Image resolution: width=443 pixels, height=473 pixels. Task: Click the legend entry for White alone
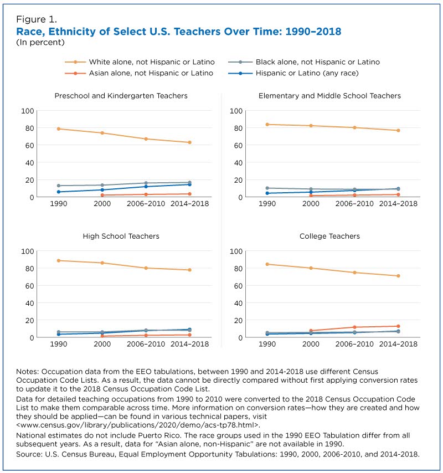tap(140, 62)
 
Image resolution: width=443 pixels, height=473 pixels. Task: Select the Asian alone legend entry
tap(139, 73)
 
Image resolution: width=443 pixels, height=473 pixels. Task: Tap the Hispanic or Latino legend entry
tap(293, 73)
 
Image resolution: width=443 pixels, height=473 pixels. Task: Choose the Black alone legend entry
tap(304, 62)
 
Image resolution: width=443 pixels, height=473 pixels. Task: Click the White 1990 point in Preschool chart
tap(59, 129)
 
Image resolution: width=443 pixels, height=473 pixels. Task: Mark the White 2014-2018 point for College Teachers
tap(398, 276)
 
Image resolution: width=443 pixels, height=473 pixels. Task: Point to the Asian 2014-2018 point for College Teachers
tap(398, 326)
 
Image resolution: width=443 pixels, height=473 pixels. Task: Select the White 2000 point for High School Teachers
tap(102, 263)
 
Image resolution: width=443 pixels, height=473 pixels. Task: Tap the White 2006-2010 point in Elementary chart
tap(354, 127)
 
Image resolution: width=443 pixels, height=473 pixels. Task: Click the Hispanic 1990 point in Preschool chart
tap(59, 192)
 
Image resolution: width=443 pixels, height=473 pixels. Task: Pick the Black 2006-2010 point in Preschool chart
tap(146, 183)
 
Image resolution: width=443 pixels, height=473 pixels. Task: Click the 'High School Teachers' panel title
tap(121, 236)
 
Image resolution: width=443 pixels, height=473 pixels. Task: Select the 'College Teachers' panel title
tap(329, 236)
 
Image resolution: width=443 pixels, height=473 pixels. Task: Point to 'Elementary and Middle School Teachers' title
tap(329, 96)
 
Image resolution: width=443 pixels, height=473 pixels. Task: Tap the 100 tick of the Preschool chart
tap(28, 111)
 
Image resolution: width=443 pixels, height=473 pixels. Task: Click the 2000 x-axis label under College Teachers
tap(311, 344)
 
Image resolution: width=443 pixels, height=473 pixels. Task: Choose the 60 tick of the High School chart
tap(29, 286)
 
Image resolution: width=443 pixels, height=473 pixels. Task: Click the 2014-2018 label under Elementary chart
tap(398, 204)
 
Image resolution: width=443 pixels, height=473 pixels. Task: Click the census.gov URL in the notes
tap(138, 425)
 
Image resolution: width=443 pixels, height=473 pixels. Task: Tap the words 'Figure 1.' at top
tap(37, 19)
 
